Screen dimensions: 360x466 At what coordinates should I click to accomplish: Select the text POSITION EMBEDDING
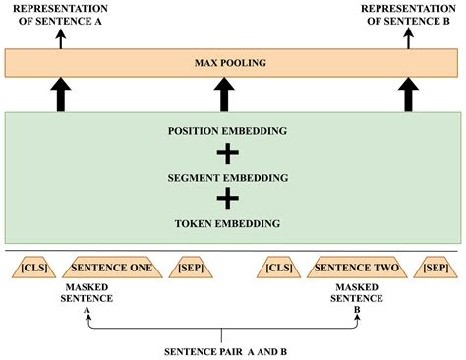227,132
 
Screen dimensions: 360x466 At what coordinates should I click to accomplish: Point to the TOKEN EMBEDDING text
227,223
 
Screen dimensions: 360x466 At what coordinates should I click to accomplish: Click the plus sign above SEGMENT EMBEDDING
227,154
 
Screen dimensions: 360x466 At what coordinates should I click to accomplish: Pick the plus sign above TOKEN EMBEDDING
227,200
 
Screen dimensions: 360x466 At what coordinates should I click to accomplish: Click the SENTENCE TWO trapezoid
357,268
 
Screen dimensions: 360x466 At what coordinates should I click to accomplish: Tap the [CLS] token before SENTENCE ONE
31,268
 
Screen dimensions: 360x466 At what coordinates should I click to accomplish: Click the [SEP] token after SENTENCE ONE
190,268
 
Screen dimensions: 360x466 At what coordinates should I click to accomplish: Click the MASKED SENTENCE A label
87,295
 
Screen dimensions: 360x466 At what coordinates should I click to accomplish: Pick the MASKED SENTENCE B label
357,295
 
